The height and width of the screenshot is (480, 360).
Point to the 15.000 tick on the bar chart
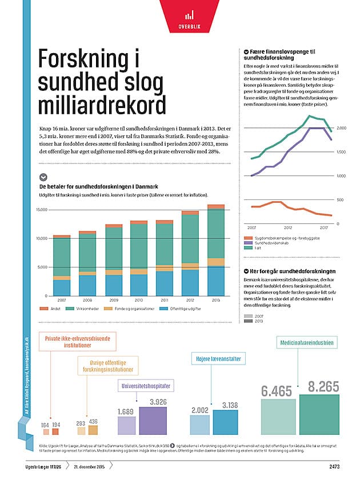pos(41,210)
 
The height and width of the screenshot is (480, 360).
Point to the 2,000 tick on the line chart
pos(341,128)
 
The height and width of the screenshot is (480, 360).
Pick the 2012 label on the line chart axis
pos(287,227)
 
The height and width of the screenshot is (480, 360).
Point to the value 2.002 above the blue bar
pos(199,411)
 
